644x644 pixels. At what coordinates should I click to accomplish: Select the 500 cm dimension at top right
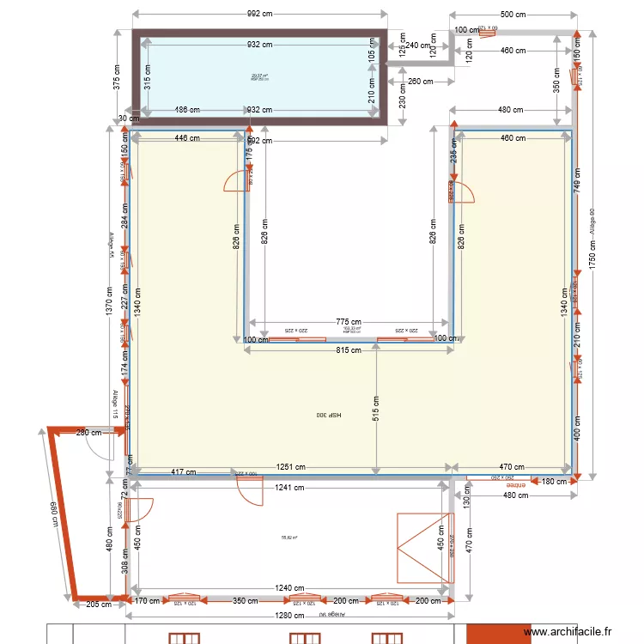513,15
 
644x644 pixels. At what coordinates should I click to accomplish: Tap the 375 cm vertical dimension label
116,77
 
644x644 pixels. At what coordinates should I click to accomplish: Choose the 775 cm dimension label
348,321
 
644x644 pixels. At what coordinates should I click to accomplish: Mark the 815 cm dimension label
348,350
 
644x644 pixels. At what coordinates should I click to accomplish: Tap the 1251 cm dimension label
290,468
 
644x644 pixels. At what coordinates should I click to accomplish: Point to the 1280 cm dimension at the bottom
290,616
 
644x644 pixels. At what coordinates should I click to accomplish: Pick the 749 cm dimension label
578,178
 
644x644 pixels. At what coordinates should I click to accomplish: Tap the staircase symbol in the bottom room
423,548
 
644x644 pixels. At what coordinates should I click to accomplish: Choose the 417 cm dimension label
182,472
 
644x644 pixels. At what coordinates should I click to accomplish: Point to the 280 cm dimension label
88,433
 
